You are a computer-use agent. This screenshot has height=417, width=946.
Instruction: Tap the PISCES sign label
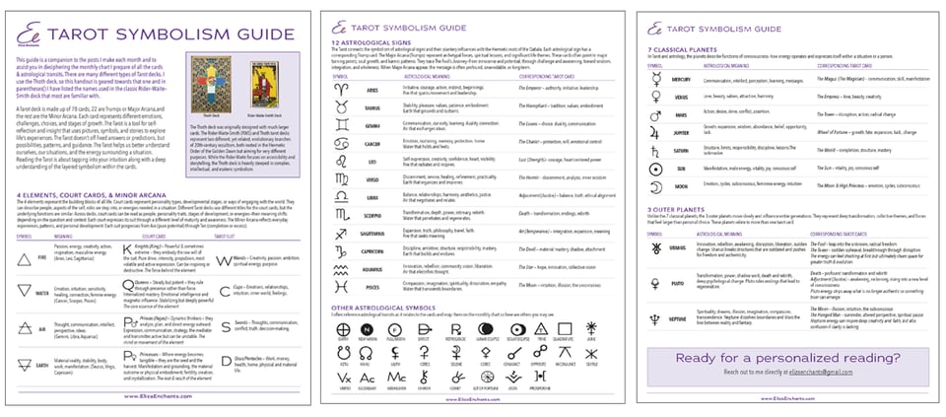[x=374, y=286]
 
